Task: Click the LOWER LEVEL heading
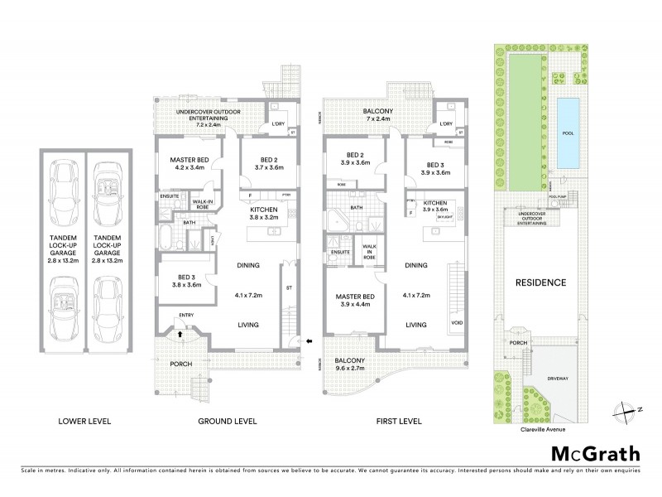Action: click(84, 422)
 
